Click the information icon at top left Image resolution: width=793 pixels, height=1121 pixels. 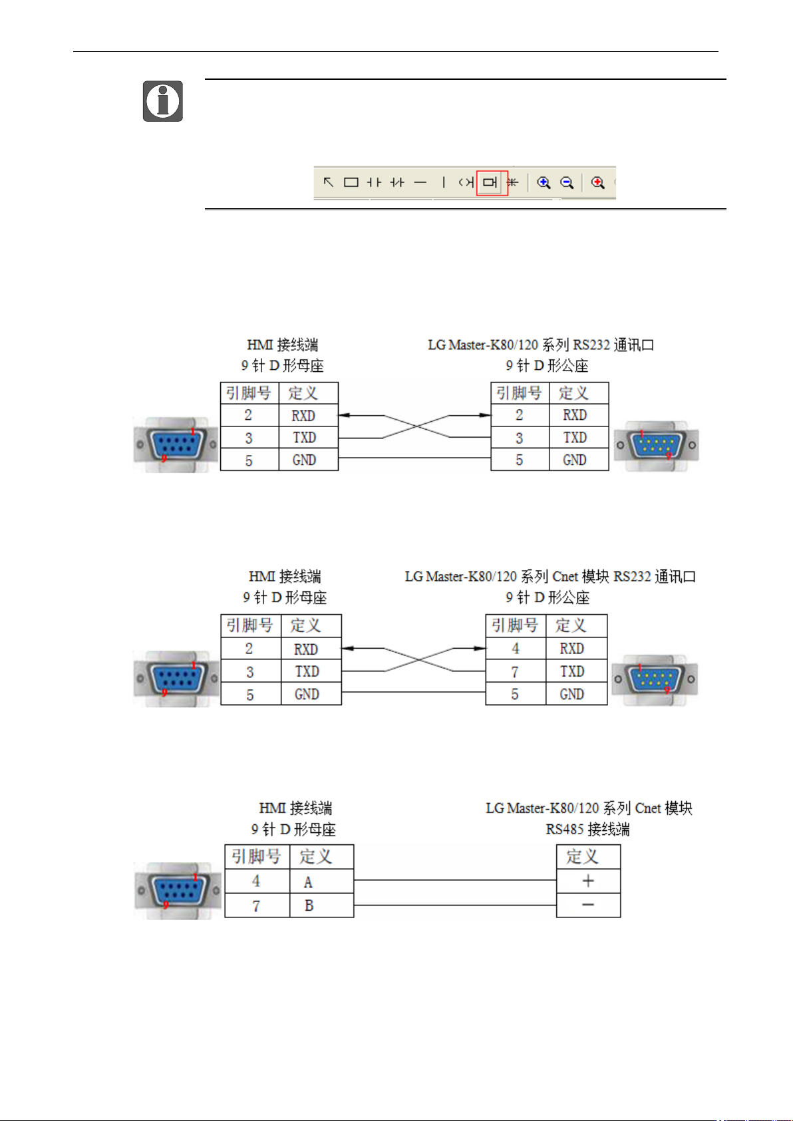[x=162, y=101]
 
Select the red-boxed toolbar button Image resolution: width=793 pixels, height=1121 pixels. [x=492, y=183]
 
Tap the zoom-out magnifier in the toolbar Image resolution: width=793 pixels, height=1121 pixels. [x=567, y=183]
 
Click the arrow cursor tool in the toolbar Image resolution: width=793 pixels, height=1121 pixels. [x=328, y=182]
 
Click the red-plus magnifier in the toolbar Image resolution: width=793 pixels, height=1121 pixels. [x=598, y=183]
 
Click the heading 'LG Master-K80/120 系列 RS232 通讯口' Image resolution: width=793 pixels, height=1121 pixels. [x=541, y=345]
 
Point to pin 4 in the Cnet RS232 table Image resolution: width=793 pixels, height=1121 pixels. [x=516, y=649]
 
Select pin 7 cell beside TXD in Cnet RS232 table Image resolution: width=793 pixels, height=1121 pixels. [x=516, y=671]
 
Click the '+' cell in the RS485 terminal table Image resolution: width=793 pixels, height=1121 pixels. [x=588, y=881]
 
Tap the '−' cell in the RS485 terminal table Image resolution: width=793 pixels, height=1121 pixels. [x=588, y=905]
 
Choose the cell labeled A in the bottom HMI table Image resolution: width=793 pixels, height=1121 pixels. [x=322, y=881]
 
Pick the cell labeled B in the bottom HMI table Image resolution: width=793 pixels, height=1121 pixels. [x=322, y=905]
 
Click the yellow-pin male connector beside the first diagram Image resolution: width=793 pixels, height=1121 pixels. [x=656, y=445]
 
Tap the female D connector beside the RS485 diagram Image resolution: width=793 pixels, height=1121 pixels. [x=178, y=891]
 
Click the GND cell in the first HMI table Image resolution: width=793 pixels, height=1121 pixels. [x=308, y=460]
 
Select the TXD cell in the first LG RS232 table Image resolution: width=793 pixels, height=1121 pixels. [x=579, y=437]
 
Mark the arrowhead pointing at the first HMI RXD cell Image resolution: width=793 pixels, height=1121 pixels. [x=344, y=415]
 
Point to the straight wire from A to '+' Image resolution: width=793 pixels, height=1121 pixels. [x=455, y=880]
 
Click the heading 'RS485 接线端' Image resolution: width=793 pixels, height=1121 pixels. [x=587, y=829]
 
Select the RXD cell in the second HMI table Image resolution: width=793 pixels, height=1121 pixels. [x=311, y=649]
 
